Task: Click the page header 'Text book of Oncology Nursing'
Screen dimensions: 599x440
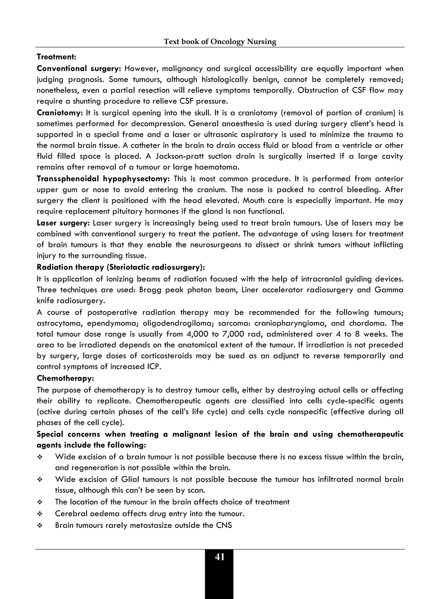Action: click(220, 41)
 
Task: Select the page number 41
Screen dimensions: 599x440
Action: click(220, 557)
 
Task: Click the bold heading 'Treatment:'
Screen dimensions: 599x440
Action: click(57, 57)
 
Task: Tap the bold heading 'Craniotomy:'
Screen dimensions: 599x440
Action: click(60, 113)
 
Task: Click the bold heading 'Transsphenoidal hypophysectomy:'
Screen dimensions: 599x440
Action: click(103, 179)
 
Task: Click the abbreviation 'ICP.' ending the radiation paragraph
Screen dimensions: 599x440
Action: click(154, 367)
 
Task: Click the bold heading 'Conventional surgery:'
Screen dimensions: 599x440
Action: click(79, 69)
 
